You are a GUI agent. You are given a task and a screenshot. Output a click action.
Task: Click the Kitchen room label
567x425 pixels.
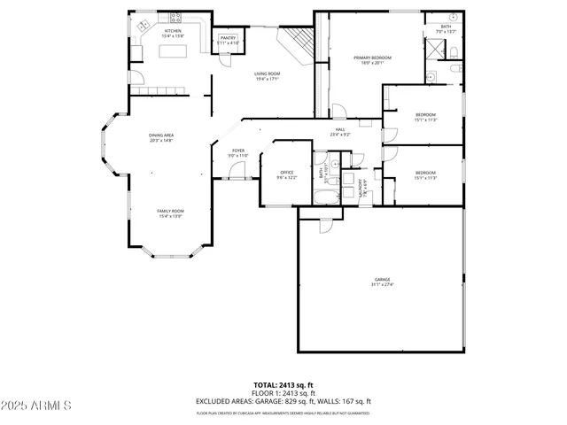[x=172, y=31]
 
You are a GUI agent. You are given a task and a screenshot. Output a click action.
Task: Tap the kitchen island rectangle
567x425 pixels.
[x=175, y=51]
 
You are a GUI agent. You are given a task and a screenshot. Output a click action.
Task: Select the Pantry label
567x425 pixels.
[x=229, y=38]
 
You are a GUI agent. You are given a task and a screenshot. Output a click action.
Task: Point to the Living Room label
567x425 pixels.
[x=267, y=73]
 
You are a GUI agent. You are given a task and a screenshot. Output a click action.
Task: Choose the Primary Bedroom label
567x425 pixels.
[x=372, y=58]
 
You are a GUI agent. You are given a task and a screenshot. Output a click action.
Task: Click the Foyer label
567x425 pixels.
[x=238, y=151]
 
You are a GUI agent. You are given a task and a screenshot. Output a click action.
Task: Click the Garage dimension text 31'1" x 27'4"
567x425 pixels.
[x=382, y=284]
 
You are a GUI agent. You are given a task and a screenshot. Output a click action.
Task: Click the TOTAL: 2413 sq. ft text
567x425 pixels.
[x=283, y=385]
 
